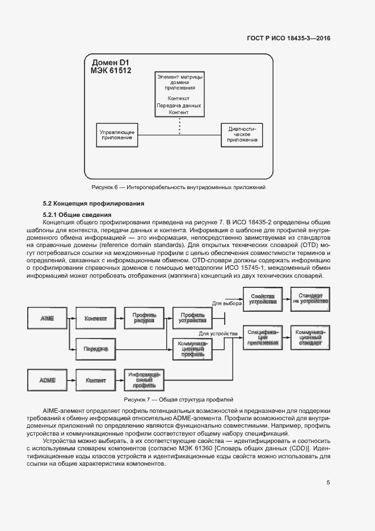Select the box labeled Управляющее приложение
[117, 135]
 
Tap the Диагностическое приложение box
[242, 135]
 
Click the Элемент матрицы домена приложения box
[179, 94]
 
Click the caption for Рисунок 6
[179, 187]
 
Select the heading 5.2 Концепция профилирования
[94, 203]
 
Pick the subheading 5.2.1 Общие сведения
[77, 214]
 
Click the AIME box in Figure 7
[47, 319]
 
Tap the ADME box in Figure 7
[47, 380]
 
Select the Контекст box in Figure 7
[96, 319]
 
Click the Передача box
[96, 348]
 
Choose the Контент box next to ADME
[96, 380]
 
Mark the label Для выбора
[227, 303]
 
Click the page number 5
[328, 483]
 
